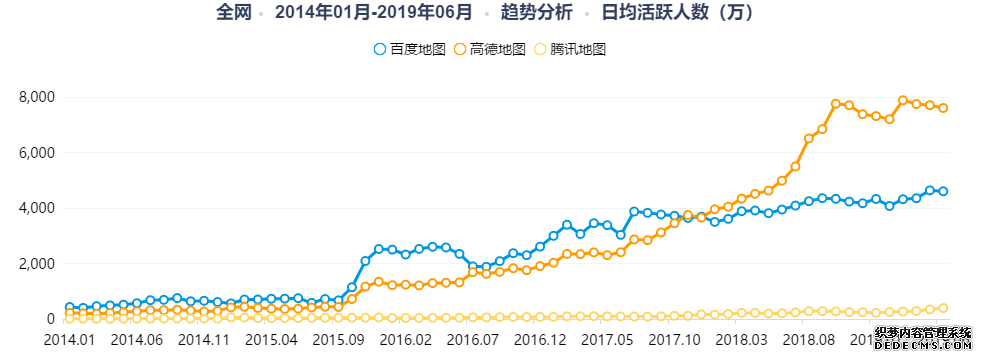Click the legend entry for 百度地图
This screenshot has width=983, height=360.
coord(408,49)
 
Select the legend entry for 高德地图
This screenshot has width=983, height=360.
coord(489,49)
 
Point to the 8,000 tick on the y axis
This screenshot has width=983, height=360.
coord(35,97)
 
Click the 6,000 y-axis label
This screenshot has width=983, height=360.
coord(35,153)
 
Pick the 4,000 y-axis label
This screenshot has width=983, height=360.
coord(35,208)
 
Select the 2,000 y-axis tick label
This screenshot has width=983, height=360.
coord(35,264)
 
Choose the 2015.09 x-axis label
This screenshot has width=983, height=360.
coord(338,340)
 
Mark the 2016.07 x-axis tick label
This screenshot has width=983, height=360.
coord(473,340)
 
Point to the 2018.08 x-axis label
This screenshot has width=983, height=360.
coord(808,340)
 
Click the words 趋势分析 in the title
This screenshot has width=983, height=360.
coord(537,13)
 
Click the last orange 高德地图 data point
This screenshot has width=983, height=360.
coord(943,108)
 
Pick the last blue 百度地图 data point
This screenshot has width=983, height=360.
coord(943,191)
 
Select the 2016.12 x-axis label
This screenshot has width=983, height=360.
coord(540,340)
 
